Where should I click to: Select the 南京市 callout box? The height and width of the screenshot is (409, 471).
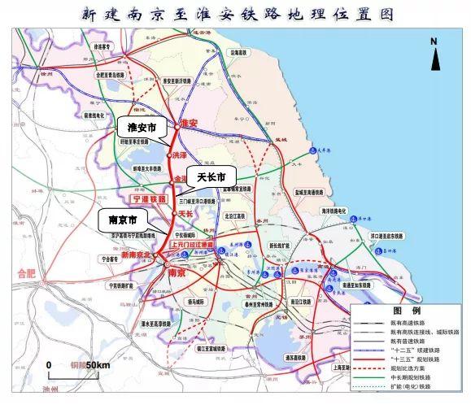coord(119,220)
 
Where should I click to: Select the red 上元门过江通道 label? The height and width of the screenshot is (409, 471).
coord(193,244)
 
